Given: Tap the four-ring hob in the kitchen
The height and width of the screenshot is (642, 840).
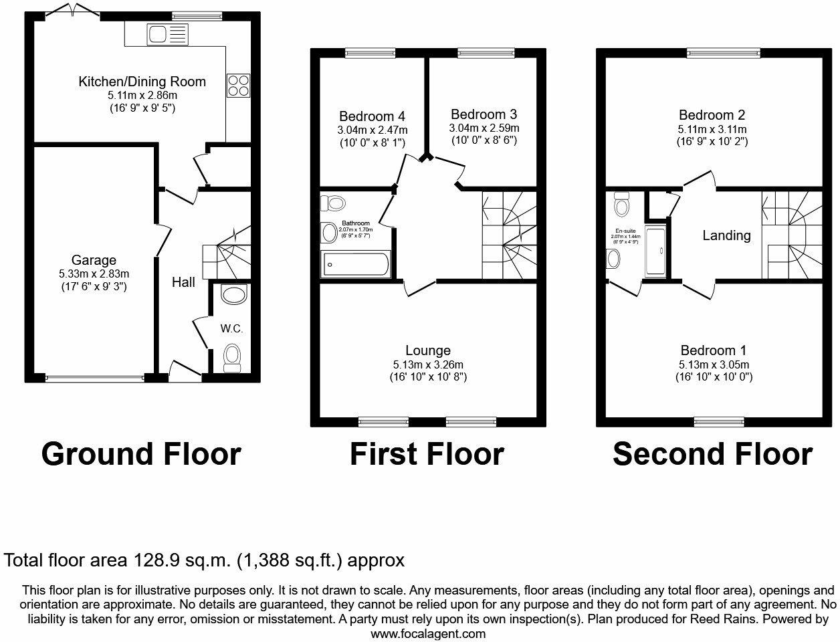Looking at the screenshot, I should (x=237, y=85).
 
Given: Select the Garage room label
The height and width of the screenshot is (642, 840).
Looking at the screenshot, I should (x=94, y=260).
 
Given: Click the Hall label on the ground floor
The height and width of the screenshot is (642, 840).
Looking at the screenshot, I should (x=183, y=282).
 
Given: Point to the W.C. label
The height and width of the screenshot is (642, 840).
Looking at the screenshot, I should (x=231, y=328).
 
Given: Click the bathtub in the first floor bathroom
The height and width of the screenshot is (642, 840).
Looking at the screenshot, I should (x=354, y=264).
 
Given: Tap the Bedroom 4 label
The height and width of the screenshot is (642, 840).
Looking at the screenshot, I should (x=372, y=116).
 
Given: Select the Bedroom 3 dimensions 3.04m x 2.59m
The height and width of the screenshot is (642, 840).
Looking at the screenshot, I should (x=484, y=128).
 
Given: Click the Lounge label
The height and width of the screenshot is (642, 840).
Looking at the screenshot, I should (x=428, y=350).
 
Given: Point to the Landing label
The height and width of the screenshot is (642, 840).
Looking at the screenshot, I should (x=726, y=235).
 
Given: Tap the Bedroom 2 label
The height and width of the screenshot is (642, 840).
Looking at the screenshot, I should (x=712, y=115).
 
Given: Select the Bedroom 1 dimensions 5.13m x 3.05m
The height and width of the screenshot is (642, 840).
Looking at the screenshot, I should (x=714, y=364).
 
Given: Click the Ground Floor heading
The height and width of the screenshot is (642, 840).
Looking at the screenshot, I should (x=140, y=454).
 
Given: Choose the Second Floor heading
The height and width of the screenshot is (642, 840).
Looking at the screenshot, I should (x=712, y=454).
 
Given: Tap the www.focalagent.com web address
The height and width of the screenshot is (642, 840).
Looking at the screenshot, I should (x=428, y=633).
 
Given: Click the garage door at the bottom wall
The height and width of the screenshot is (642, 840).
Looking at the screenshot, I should (x=94, y=378).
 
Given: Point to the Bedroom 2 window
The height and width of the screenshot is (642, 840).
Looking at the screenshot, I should (x=724, y=52).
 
